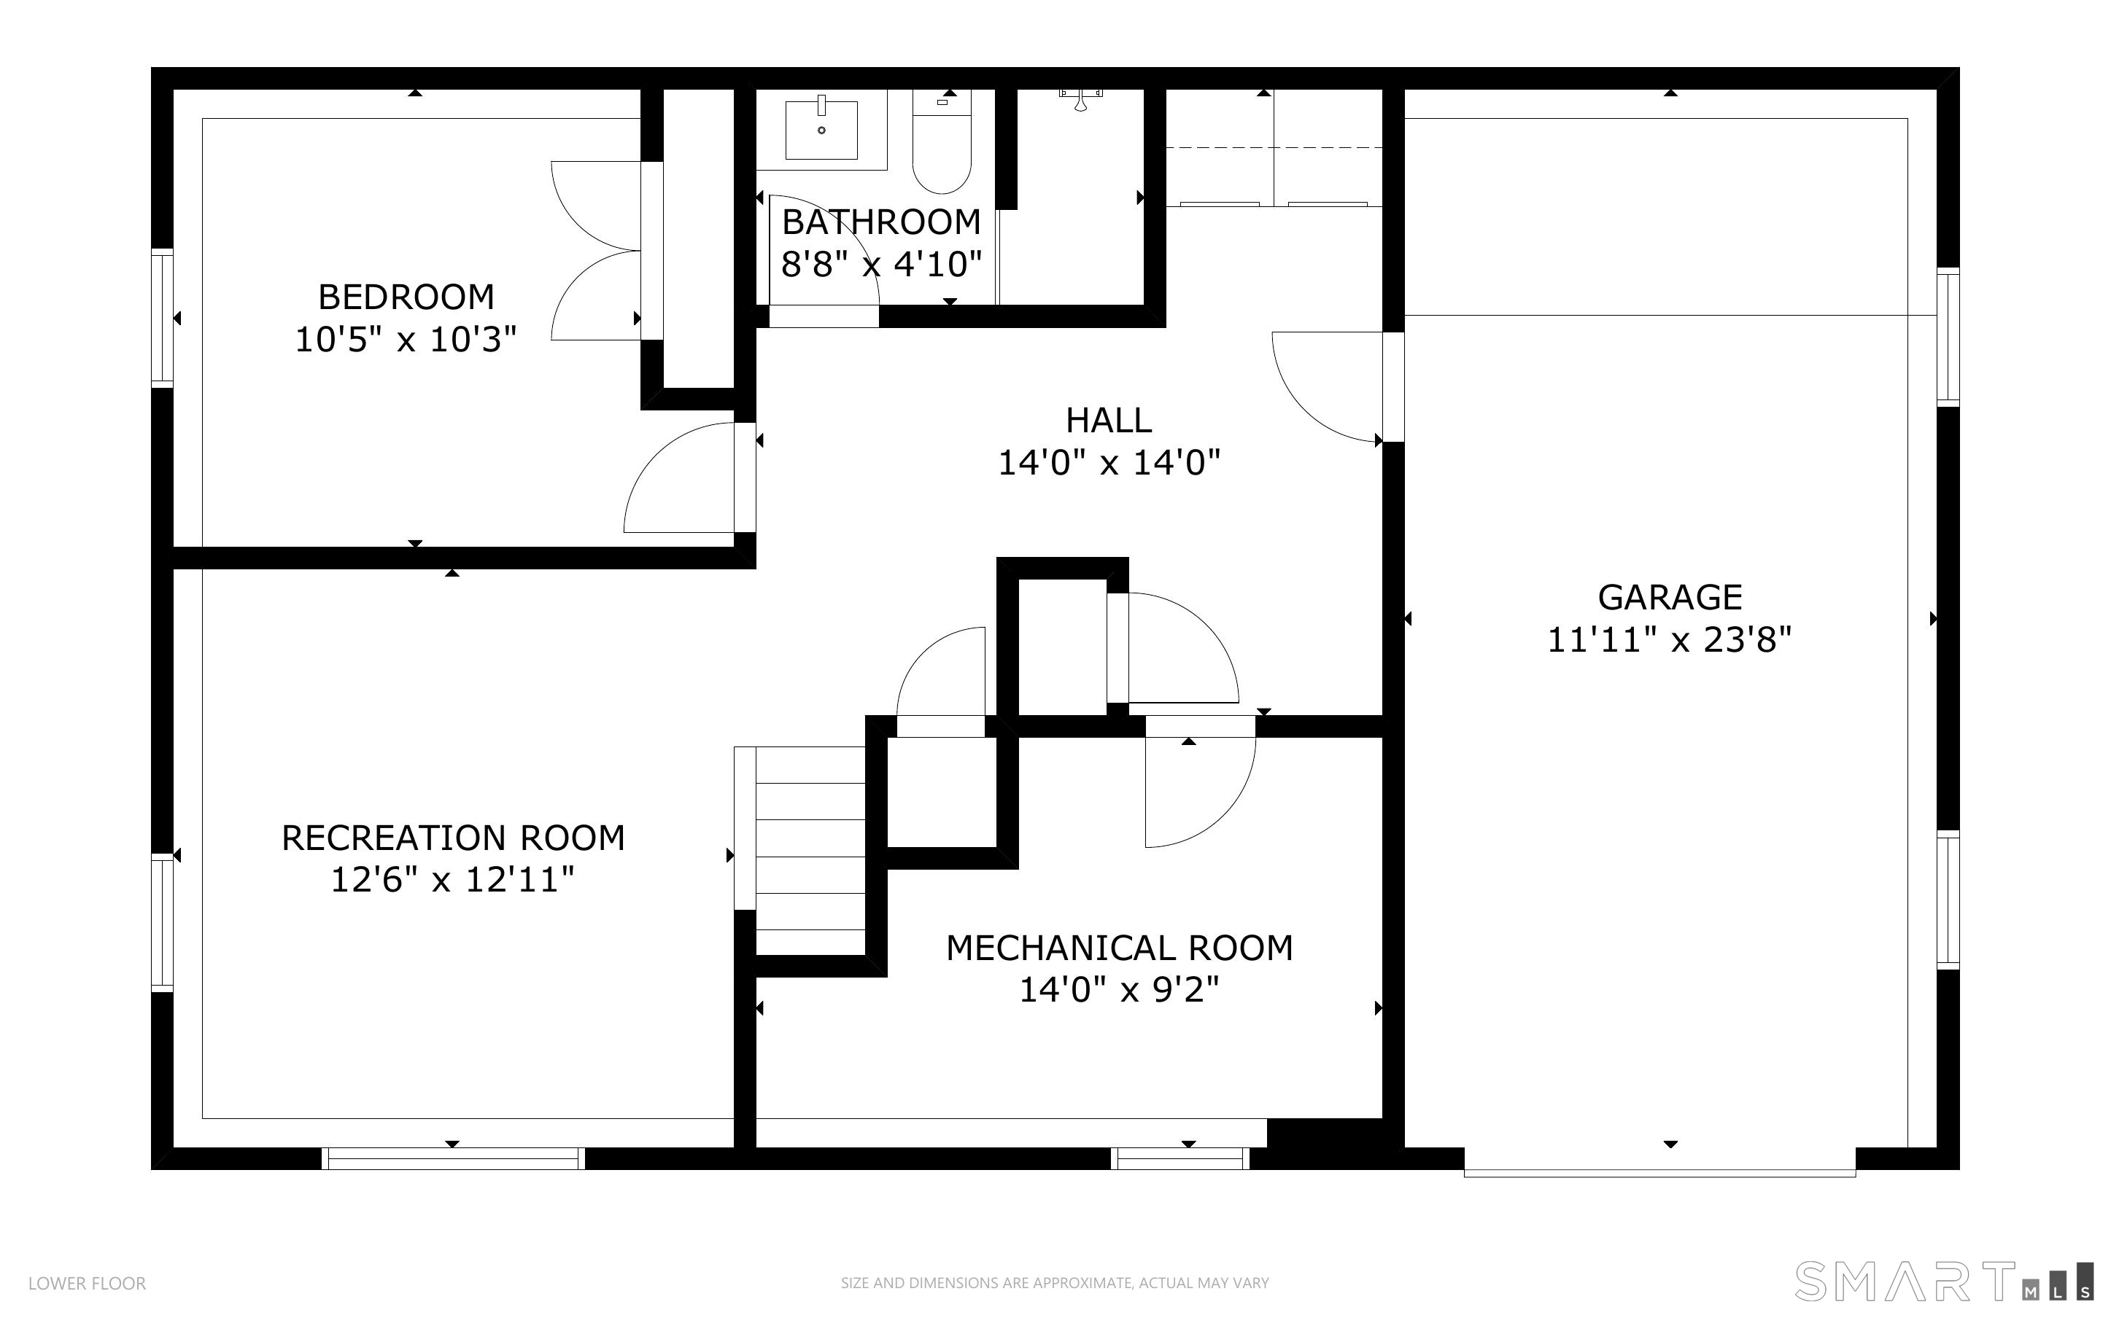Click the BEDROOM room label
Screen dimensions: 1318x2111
(x=406, y=297)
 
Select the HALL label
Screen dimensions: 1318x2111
(x=1108, y=420)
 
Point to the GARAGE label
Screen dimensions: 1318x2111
(x=1669, y=597)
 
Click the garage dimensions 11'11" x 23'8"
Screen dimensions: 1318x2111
(x=1669, y=640)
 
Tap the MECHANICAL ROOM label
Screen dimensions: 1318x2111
(x=1119, y=948)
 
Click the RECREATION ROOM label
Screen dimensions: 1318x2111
(x=452, y=838)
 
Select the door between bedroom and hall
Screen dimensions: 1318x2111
(x=680, y=480)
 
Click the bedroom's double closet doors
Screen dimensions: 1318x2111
(x=597, y=251)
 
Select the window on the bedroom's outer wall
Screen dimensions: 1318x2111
(x=162, y=318)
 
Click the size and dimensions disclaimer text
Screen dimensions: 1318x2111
(x=1054, y=1283)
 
